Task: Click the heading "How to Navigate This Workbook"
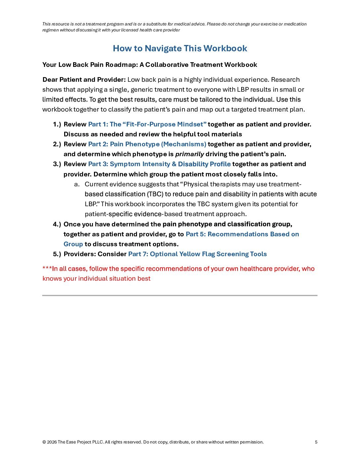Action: coord(180,48)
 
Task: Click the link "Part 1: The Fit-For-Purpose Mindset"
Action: coord(147,124)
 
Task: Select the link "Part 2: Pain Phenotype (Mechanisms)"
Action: coord(147,144)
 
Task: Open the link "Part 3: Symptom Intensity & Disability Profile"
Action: coord(159,164)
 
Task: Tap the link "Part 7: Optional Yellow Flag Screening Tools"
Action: coord(197,254)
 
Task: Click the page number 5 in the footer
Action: coord(316,442)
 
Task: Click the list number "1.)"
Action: coord(57,124)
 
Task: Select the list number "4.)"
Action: coord(57,224)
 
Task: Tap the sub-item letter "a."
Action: coord(77,184)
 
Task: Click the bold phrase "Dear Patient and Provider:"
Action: coord(84,80)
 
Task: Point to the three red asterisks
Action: coord(47,268)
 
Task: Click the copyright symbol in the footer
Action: coord(44,442)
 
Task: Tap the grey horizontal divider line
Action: coord(180,295)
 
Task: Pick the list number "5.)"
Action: coord(57,254)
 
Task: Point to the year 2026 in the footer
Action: coord(52,442)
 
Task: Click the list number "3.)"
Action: coord(57,164)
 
